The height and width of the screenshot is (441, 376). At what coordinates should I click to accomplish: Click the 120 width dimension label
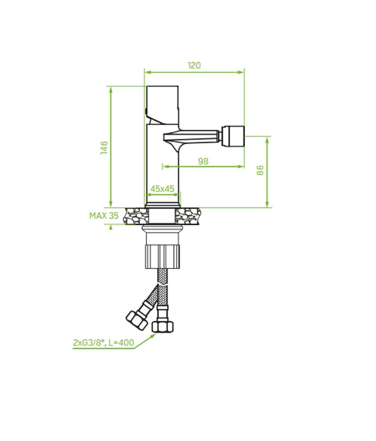point(194,65)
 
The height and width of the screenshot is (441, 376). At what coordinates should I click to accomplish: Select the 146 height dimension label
point(104,147)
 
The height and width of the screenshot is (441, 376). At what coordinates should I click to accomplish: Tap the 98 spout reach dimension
point(203,161)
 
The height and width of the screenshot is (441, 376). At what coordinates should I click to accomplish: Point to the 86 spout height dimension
point(260,170)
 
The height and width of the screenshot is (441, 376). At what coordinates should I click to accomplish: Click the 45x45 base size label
point(162,189)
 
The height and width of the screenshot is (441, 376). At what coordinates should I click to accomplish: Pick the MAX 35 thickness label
point(104,216)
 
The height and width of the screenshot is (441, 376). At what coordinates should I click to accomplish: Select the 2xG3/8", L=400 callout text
point(104,343)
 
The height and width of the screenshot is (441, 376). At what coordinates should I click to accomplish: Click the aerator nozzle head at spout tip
point(233,136)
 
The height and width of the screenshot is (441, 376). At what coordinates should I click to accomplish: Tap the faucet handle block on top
point(162,105)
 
